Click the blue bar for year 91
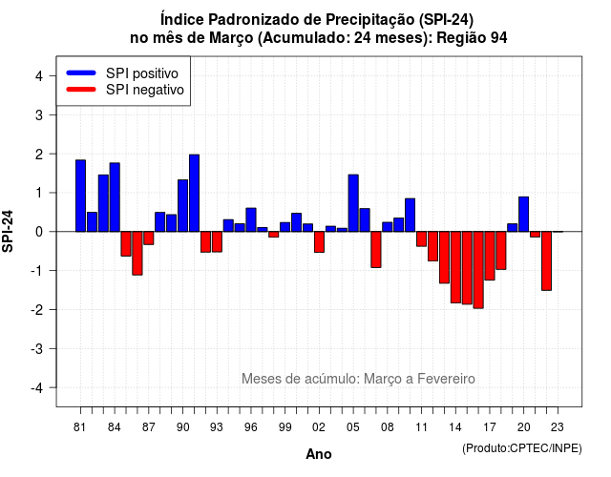pyautogui.click(x=194, y=193)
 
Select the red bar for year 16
pyautogui.click(x=478, y=270)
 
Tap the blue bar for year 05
pyautogui.click(x=353, y=203)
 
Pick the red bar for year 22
pyautogui.click(x=546, y=260)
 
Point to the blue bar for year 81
pyautogui.click(x=80, y=196)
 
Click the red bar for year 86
pyautogui.click(x=137, y=253)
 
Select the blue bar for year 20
pyautogui.click(x=524, y=214)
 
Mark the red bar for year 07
pyautogui.click(x=376, y=250)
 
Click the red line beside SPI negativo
pyautogui.click(x=81, y=90)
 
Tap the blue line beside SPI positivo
pyautogui.click(x=81, y=73)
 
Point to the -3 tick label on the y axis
pyautogui.click(x=37, y=348)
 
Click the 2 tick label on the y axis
pyautogui.click(x=39, y=155)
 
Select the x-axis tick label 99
pyautogui.click(x=284, y=427)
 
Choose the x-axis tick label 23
pyautogui.click(x=558, y=427)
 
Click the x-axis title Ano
pyautogui.click(x=319, y=454)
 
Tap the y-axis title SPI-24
pyautogui.click(x=8, y=231)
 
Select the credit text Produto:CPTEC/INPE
pyautogui.click(x=522, y=448)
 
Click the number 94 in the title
pyautogui.click(x=498, y=38)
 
